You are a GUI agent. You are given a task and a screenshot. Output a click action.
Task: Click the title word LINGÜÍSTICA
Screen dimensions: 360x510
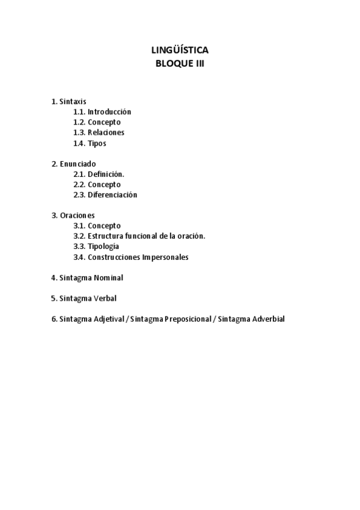[180, 51]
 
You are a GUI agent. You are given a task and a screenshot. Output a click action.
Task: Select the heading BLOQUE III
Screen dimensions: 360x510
[180, 63]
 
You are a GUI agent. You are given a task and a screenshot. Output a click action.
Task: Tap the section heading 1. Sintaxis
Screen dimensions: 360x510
[69, 102]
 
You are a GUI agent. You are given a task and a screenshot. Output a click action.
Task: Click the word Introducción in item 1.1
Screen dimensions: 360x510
[109, 112]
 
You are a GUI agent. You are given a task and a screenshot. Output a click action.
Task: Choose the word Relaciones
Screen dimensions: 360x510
[106, 132]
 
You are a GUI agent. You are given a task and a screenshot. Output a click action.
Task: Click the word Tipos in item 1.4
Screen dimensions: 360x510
[97, 143]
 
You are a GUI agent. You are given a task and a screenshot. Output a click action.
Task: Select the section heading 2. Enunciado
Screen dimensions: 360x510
[73, 164]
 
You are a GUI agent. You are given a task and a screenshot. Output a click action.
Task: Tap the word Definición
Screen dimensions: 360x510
[106, 174]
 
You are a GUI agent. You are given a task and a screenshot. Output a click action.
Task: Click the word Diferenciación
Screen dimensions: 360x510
[112, 195]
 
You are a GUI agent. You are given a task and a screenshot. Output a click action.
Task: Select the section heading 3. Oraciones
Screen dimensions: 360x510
[73, 215]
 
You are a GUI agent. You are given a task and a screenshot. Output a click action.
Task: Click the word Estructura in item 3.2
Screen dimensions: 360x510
[106, 236]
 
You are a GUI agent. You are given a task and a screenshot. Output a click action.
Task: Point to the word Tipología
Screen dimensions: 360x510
[103, 247]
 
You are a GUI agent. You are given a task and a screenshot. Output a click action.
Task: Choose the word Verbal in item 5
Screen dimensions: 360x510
[105, 298]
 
